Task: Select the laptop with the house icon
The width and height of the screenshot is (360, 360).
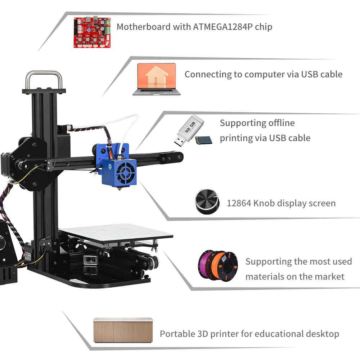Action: tap(156, 80)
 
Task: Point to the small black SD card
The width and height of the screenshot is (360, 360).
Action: tap(203, 140)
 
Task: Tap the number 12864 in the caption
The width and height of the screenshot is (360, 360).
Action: tap(239, 203)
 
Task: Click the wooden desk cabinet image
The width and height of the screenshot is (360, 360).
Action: tap(123, 330)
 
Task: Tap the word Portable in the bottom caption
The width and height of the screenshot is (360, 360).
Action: tap(177, 334)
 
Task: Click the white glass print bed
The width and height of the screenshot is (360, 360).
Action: tap(119, 232)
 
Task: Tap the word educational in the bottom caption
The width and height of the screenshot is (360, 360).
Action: tap(275, 334)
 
